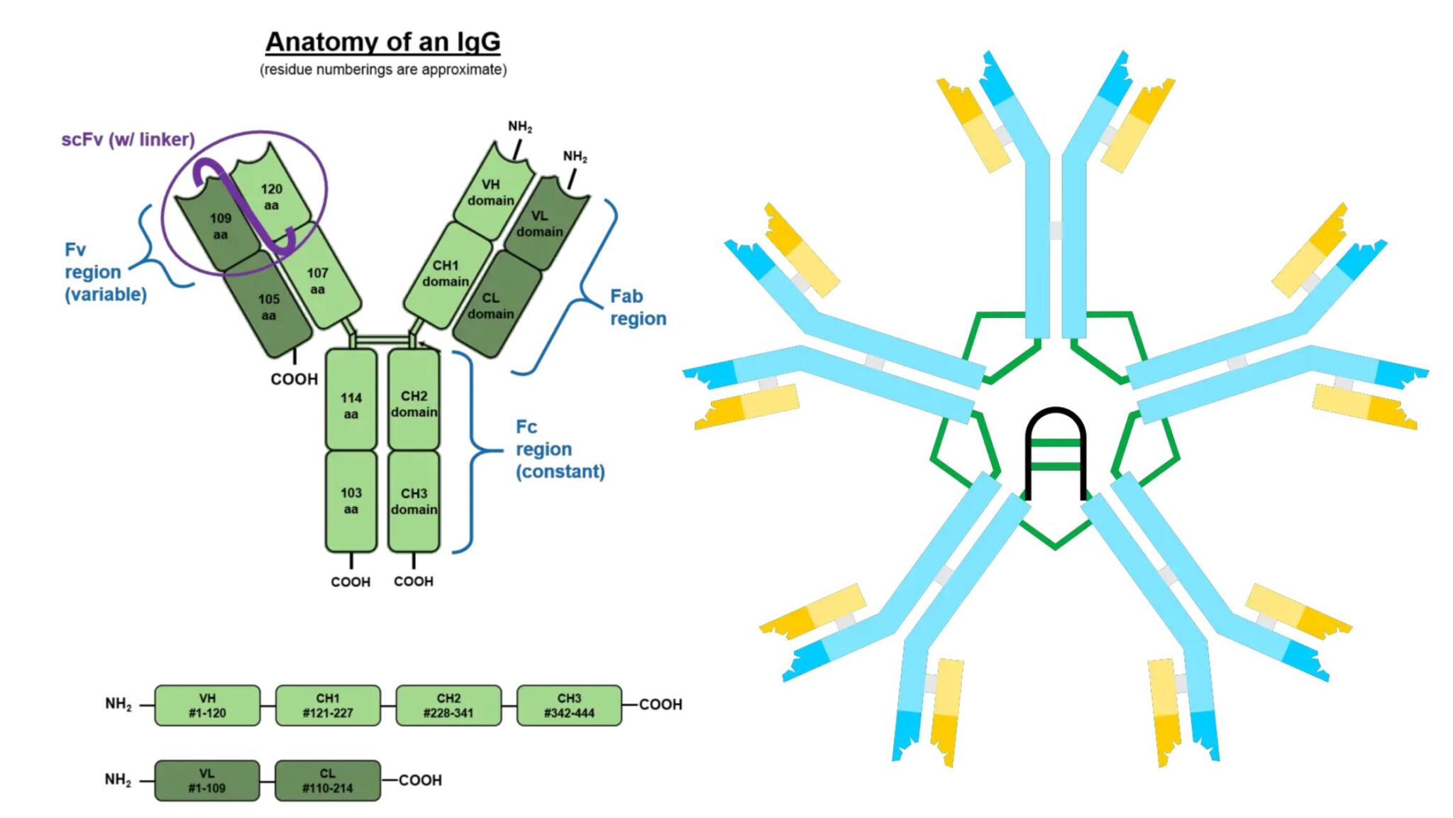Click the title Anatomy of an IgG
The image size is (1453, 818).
tap(382, 42)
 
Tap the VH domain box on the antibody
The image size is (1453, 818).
tap(491, 192)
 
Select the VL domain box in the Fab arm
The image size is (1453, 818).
tap(541, 222)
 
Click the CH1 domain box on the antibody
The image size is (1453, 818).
tap(446, 273)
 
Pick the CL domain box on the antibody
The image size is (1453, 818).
tap(491, 305)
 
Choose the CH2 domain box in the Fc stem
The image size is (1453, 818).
tap(414, 403)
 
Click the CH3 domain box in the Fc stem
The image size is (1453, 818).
tap(414, 501)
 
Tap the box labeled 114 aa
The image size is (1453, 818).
tap(350, 405)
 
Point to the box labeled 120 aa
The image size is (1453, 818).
tap(271, 196)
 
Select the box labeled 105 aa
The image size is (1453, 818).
tap(268, 307)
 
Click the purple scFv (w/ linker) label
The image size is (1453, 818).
tap(128, 139)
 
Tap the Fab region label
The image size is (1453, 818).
tap(638, 307)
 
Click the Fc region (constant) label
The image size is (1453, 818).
tap(559, 449)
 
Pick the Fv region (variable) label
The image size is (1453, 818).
tap(105, 272)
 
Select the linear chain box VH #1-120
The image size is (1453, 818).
tap(207, 705)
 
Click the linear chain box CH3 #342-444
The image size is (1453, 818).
tap(569, 705)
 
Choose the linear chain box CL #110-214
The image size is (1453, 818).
tap(327, 780)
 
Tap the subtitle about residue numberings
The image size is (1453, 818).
tap(383, 70)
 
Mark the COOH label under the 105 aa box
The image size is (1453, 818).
tap(294, 379)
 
